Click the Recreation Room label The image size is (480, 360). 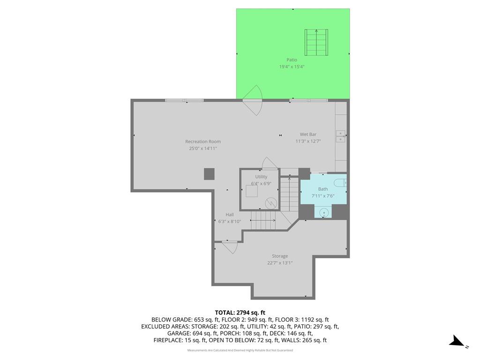(202, 142)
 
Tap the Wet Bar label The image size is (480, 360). (308, 135)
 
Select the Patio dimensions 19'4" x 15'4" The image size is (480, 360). (292, 67)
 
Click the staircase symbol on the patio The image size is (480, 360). (316, 42)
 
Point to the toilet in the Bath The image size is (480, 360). (340, 183)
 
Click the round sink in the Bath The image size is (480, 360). (324, 212)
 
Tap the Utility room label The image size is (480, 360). (261, 177)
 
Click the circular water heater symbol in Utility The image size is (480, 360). (271, 203)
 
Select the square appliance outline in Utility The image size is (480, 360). (252, 191)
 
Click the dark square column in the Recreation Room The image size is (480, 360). (210, 174)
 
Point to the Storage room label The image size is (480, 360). (280, 256)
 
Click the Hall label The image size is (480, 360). (230, 215)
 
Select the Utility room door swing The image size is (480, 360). (270, 163)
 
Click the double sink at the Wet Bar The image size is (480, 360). (340, 136)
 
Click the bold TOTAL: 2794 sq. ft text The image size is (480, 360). (240, 313)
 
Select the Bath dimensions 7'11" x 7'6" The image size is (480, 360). (323, 196)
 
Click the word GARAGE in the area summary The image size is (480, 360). (179, 333)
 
